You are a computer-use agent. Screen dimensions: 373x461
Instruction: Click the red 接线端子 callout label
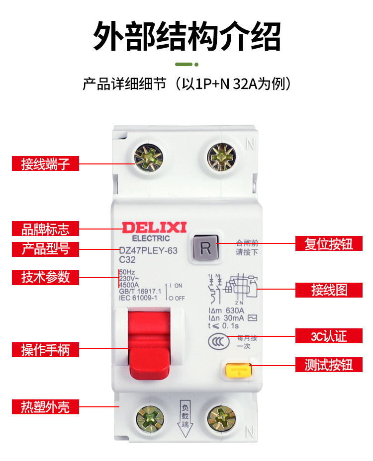tap(45, 163)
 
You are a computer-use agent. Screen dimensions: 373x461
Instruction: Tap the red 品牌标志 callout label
tap(45, 229)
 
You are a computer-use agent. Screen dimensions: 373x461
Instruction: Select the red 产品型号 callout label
tap(45, 249)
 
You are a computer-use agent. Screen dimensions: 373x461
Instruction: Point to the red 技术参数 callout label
tap(45, 277)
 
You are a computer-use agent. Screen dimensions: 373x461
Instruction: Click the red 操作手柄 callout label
tap(45, 350)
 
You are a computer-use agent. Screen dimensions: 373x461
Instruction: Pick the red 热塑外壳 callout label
tap(45, 407)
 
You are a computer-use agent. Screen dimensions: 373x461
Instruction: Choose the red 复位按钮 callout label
tap(329, 243)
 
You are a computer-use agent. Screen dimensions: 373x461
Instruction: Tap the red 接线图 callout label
tap(329, 290)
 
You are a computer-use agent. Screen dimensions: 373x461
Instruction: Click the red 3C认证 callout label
tap(329, 336)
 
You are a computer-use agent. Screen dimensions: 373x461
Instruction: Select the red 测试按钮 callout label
tap(329, 365)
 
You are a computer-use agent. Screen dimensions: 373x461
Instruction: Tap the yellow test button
tap(238, 370)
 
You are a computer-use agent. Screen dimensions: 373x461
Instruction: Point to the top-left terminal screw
tap(147, 157)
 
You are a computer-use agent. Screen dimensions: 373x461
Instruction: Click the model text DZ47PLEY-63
tap(148, 251)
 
